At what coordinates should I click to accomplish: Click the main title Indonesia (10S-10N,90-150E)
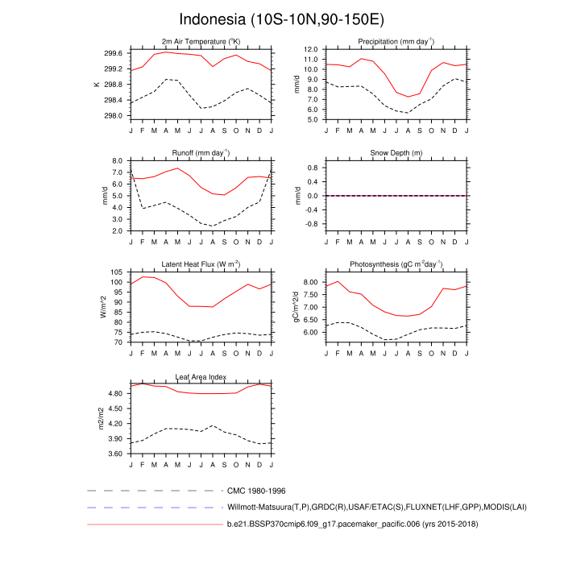click(x=281, y=19)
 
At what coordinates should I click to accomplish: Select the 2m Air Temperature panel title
click(x=201, y=41)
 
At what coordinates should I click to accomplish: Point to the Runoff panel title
click(x=201, y=152)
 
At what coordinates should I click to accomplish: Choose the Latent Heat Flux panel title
click(x=201, y=264)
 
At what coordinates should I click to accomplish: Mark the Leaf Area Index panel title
click(x=201, y=376)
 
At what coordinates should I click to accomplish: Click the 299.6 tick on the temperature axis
click(x=113, y=53)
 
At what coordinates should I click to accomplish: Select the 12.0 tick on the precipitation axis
click(x=309, y=48)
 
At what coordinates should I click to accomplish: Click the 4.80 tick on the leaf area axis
click(x=114, y=393)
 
